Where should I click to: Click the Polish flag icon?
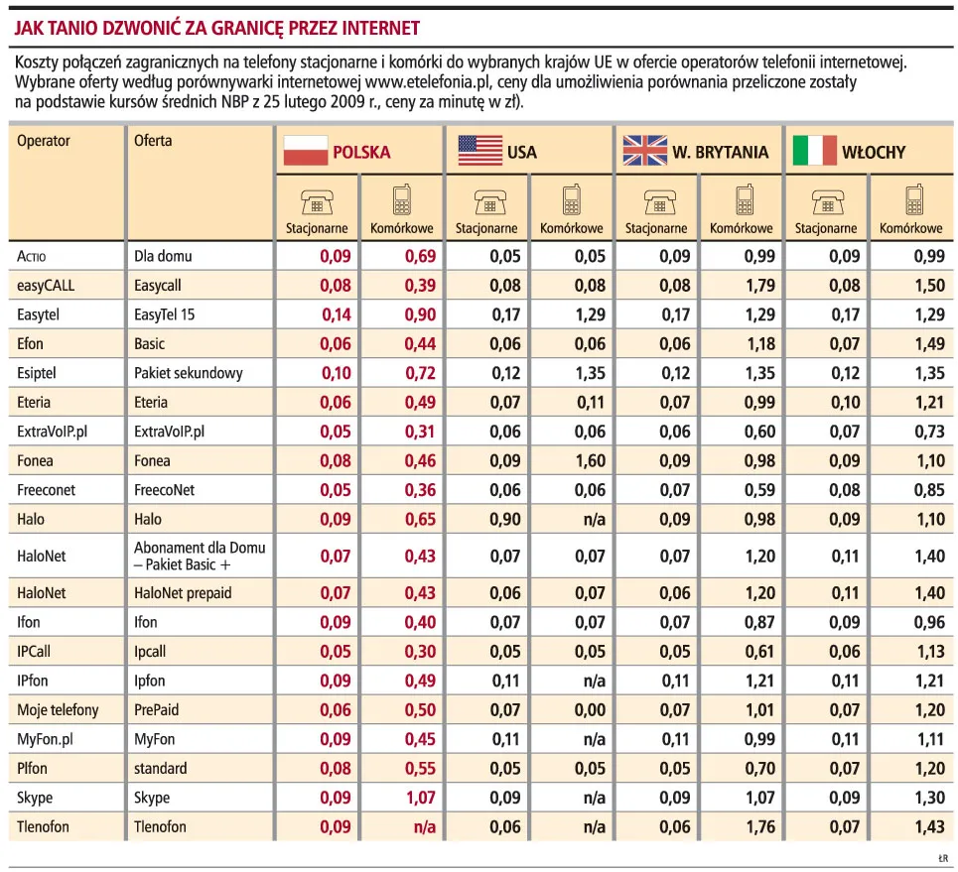[306, 150]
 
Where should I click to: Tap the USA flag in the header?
[480, 150]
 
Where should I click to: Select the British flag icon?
[645, 150]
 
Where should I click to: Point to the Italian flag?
[814, 150]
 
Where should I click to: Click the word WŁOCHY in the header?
[874, 152]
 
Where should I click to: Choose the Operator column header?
[44, 141]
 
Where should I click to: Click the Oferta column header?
[153, 141]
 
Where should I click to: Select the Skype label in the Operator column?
[35, 798]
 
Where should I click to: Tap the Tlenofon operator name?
[43, 826]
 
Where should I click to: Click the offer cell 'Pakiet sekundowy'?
[189, 373]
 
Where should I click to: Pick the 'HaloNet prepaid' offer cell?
[183, 593]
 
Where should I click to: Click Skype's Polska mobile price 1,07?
[420, 798]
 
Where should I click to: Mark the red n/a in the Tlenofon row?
[425, 827]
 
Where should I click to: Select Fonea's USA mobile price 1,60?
[591, 461]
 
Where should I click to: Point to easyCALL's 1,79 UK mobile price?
[760, 285]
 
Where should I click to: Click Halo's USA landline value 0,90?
[505, 520]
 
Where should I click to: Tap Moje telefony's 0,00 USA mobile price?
[591, 710]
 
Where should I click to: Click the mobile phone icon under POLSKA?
[401, 199]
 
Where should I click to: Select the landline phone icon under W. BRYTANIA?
[660, 202]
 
